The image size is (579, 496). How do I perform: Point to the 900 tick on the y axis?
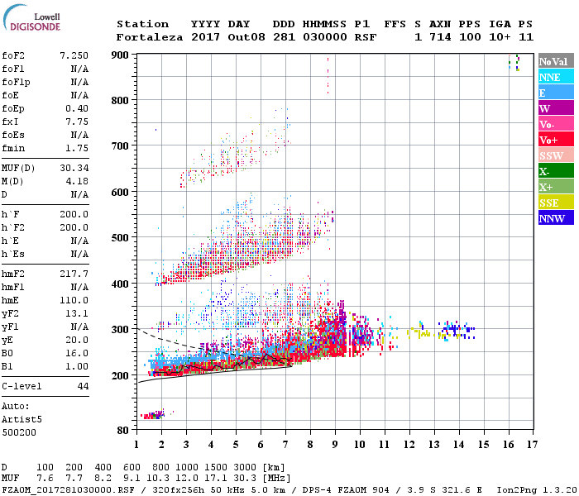pyautogui.click(x=121, y=55)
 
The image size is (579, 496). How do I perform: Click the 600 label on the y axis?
pyautogui.click(x=121, y=192)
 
